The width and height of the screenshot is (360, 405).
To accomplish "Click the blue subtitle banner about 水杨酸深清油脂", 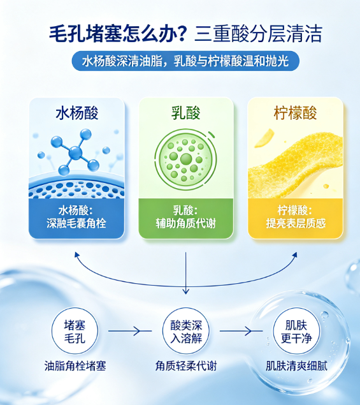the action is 185,61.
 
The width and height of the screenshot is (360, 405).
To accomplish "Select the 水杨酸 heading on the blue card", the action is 77,113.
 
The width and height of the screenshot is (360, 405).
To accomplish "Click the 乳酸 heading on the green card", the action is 186,113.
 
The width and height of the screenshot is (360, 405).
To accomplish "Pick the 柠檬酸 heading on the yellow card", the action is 295,113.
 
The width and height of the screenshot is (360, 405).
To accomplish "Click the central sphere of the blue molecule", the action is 75,152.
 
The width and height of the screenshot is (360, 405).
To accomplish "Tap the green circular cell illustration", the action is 185,159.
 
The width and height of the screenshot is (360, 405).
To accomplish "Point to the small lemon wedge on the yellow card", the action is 264,138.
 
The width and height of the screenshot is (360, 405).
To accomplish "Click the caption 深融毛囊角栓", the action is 76,223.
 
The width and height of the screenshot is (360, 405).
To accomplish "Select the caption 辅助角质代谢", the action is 186,223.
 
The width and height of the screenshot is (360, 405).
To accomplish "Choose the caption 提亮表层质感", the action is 296,223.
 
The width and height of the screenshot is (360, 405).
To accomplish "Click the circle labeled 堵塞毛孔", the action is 75,331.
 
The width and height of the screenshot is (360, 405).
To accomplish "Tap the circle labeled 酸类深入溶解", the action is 186,331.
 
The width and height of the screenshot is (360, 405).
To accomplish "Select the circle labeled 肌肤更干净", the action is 296,331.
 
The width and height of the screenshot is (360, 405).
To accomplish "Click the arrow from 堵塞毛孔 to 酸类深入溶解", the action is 130,331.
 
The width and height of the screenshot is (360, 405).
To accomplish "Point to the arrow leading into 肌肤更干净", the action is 241,331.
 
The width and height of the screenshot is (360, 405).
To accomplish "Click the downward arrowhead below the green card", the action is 186,291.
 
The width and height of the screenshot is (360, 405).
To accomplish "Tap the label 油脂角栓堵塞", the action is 75,366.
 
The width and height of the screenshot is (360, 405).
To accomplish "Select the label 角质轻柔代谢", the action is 186,366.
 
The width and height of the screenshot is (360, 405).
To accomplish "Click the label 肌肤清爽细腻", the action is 296,366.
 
